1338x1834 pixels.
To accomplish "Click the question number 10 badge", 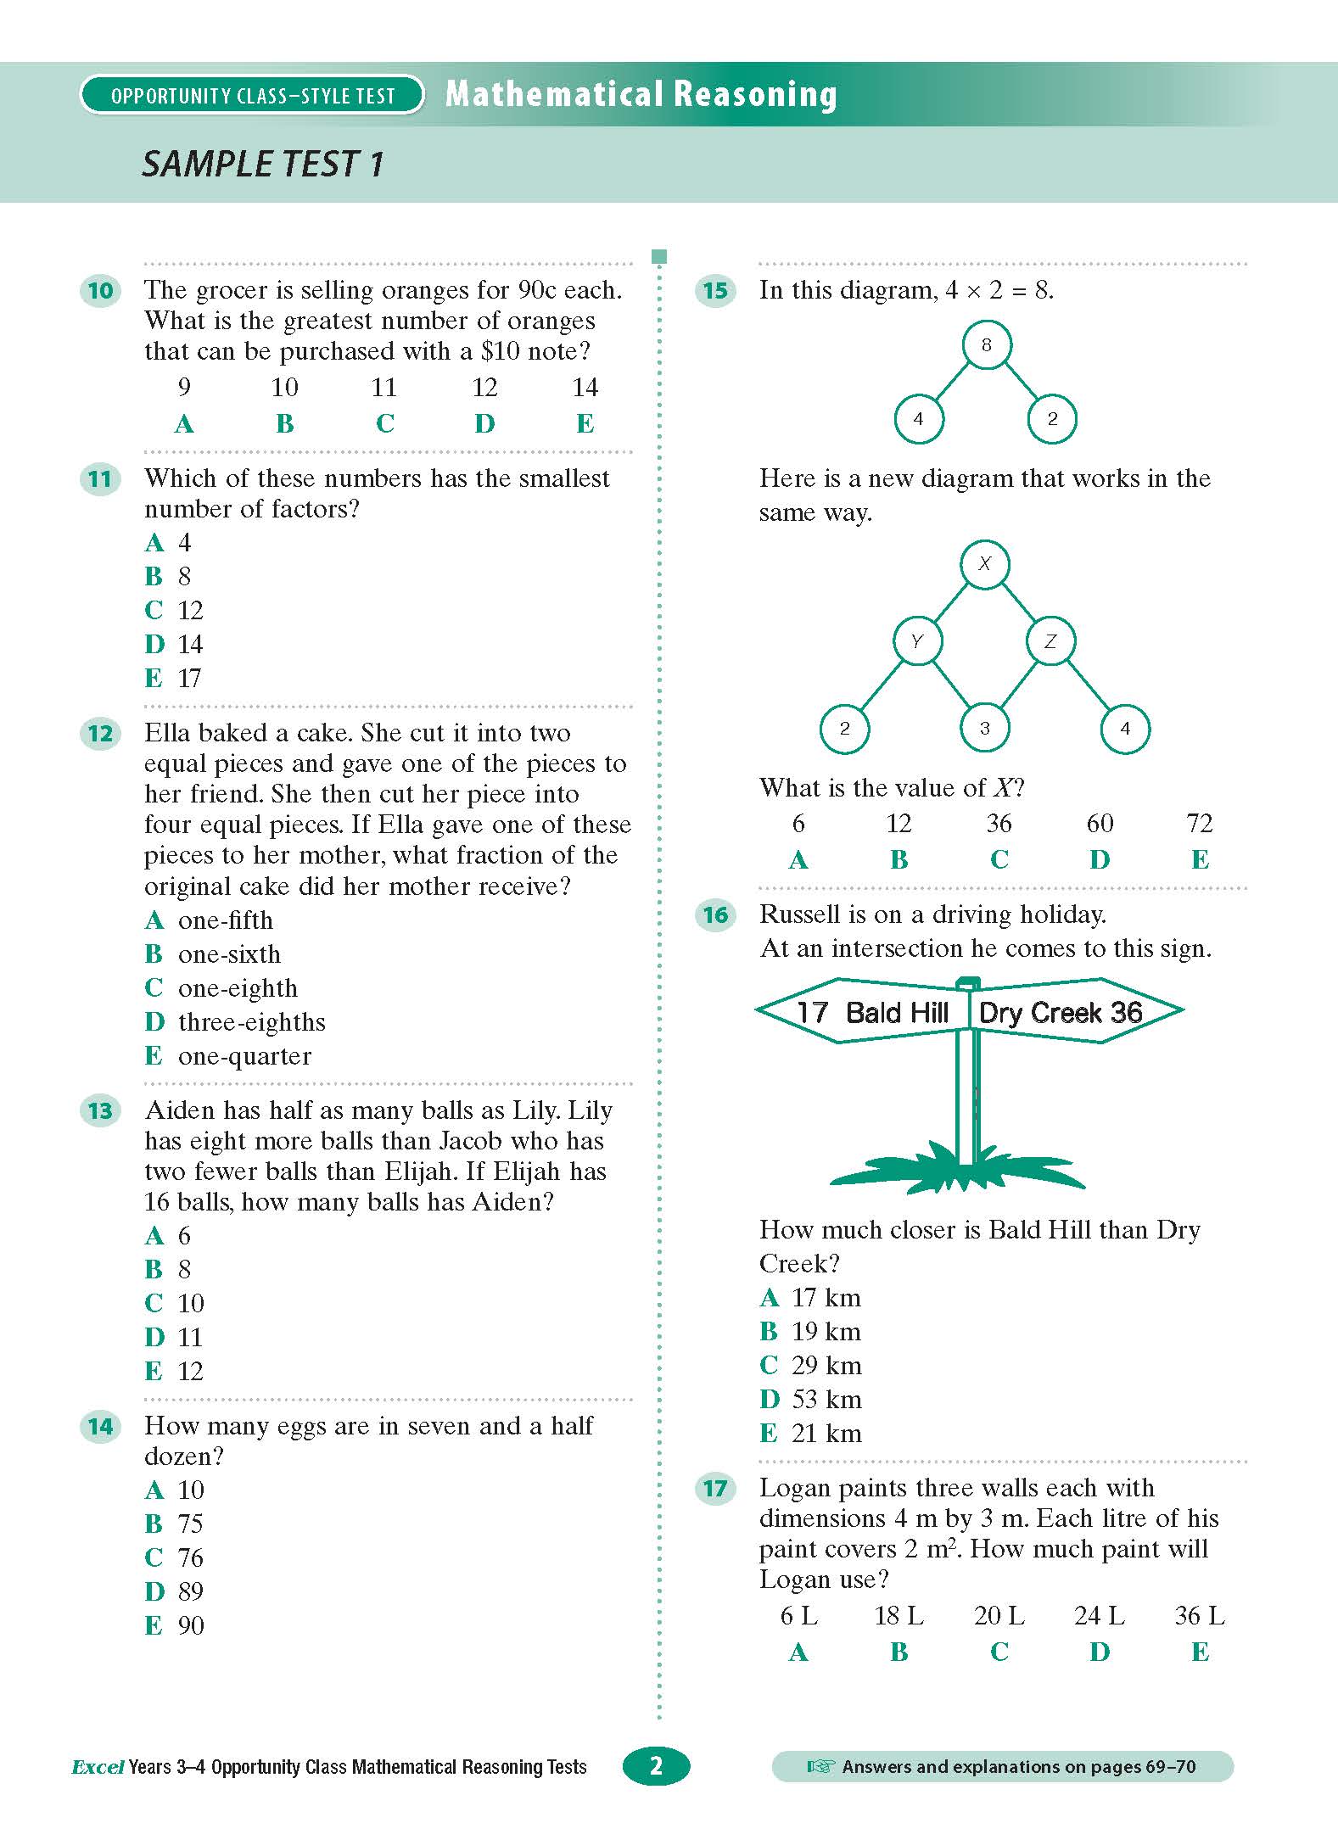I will pos(100,291).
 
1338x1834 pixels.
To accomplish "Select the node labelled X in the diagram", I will pos(984,563).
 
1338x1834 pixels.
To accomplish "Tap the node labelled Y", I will pos(916,641).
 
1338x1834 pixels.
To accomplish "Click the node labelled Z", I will pos(1050,641).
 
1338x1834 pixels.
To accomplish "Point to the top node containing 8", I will pos(986,344).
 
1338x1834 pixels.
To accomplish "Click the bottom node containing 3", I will pos(984,729).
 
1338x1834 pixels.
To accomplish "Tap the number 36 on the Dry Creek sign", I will pos(1127,1012).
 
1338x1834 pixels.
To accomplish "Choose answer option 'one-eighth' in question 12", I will pos(238,988).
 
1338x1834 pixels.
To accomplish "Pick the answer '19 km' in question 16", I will pos(826,1332).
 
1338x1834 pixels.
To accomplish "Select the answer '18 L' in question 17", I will pos(899,1616).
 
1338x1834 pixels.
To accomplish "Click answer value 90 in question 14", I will pos(191,1625).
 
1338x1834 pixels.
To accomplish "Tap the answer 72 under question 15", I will pos(1199,824).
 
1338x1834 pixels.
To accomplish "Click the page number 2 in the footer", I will pos(656,1766).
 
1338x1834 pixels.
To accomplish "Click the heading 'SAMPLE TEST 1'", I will pos(263,165).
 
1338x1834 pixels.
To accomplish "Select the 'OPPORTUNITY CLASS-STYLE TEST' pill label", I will pos(252,96).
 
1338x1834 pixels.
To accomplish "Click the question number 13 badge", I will pos(100,1111).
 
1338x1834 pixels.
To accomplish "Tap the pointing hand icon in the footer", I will pos(820,1767).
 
